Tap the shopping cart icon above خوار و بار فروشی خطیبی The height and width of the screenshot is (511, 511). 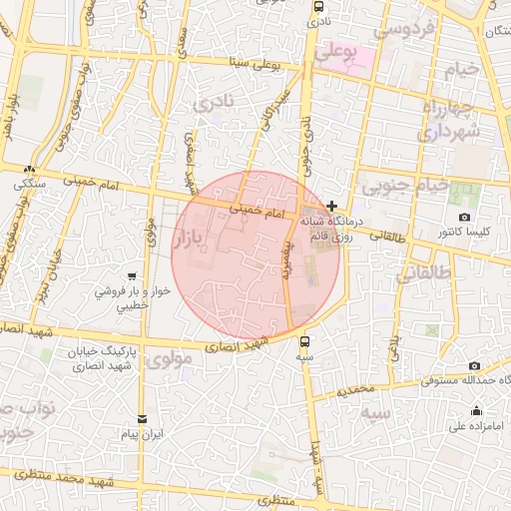coord(133,276)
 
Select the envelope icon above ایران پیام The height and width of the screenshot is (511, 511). coord(142,419)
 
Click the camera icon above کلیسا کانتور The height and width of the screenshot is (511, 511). coord(464,217)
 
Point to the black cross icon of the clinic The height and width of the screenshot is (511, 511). coord(331,205)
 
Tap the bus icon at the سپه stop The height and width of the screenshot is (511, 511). coord(304,340)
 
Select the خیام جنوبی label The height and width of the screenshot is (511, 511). coord(403,186)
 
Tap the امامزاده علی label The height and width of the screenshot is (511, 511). coord(475,427)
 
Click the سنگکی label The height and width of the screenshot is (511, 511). coord(30,185)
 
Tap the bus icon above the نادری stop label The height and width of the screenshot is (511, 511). coord(315,5)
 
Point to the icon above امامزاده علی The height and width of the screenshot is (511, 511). coord(476,410)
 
